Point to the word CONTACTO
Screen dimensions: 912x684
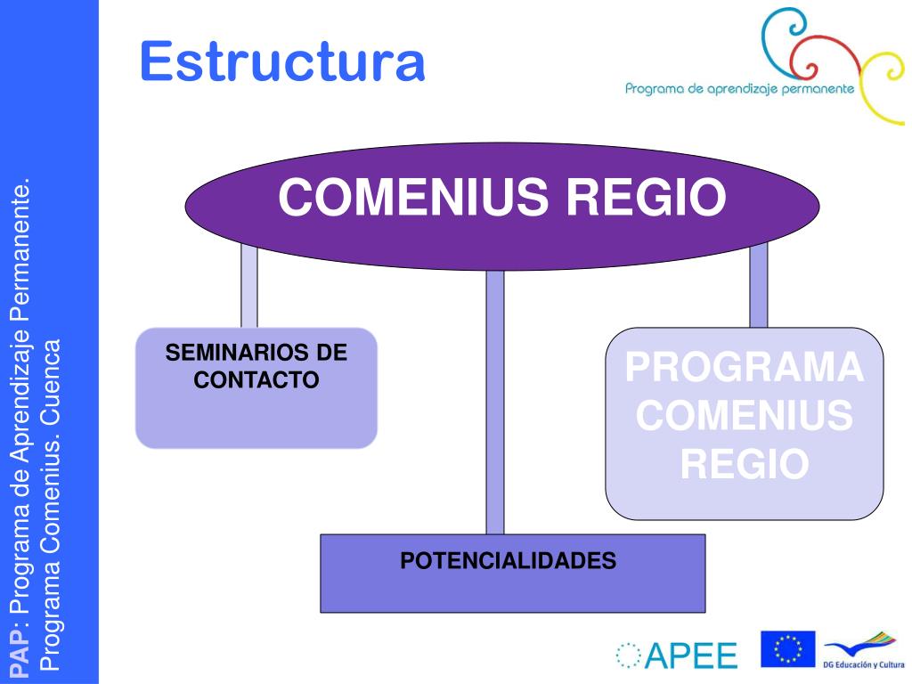256,380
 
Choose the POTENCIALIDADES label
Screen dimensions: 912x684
509,561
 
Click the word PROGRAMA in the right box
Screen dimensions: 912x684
745,369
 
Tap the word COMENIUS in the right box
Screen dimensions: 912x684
745,416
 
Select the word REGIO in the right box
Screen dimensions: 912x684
745,463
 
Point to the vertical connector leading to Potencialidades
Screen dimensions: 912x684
494,401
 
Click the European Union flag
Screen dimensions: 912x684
787,648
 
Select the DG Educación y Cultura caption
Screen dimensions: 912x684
862,665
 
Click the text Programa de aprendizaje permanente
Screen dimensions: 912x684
739,88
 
